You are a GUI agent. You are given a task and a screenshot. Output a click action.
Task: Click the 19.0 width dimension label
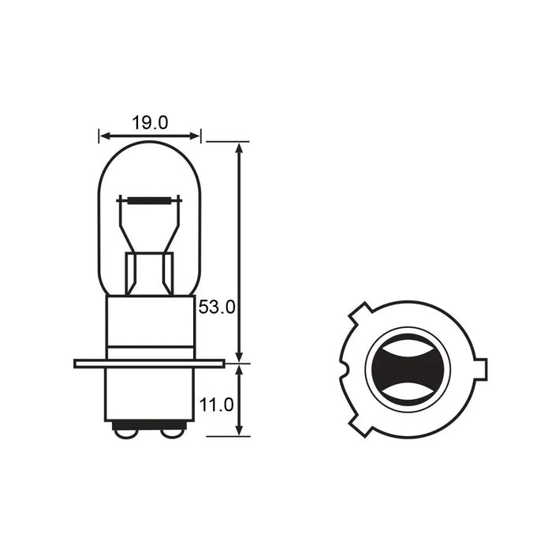coord(150,123)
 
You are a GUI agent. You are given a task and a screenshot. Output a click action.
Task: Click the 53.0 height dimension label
coord(217,308)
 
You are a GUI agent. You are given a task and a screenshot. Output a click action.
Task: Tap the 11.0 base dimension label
coord(217,405)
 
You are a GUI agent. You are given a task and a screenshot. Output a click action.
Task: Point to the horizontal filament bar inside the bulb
coord(149,200)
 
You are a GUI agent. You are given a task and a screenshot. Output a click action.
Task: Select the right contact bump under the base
coord(172,434)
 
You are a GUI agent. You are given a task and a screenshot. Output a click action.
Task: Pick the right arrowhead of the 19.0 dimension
coord(195,136)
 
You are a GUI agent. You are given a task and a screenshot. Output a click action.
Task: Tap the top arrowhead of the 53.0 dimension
coord(240,148)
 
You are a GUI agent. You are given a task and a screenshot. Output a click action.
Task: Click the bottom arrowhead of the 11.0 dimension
coord(240,430)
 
